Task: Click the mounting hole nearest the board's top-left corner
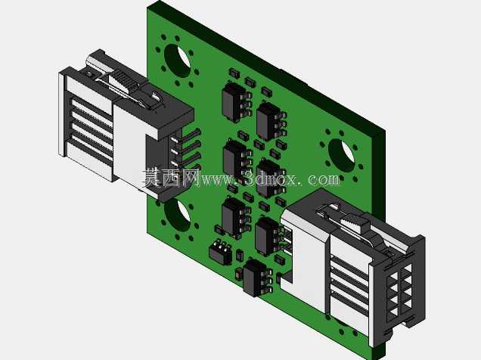coord(177,61)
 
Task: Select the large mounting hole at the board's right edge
coord(341,155)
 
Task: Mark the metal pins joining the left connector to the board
coord(188,151)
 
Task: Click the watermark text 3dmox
coord(270,178)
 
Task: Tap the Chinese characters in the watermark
coord(170,178)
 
